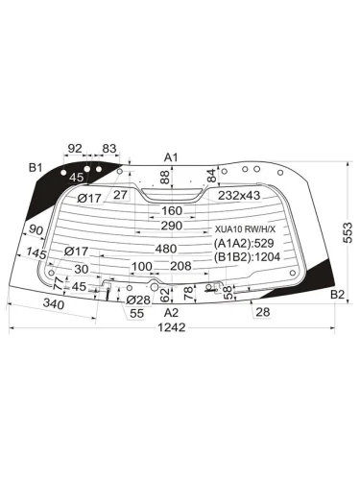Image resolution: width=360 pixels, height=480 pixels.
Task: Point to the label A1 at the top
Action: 171,156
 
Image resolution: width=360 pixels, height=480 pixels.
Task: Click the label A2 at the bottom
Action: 171,312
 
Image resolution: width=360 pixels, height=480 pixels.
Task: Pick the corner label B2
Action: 337,294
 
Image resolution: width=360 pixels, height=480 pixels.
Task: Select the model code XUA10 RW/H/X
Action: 244,229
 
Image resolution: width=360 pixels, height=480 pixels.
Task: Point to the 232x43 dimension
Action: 238,196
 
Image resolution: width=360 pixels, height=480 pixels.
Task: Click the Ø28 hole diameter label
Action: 138,300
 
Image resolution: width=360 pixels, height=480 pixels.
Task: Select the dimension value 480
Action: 166,248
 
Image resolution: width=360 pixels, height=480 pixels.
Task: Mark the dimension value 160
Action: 171,211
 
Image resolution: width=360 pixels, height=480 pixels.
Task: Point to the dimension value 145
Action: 36,252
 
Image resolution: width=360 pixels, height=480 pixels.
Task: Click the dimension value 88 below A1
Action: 164,178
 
